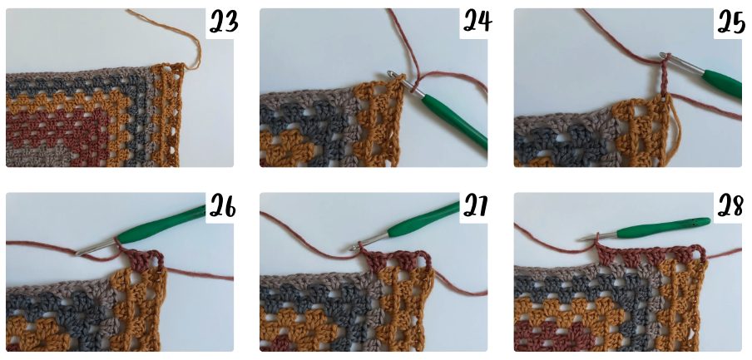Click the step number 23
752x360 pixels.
point(225,22)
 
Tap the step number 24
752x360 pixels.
point(477,22)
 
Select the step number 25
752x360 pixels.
point(731,22)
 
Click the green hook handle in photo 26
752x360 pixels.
point(161,224)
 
